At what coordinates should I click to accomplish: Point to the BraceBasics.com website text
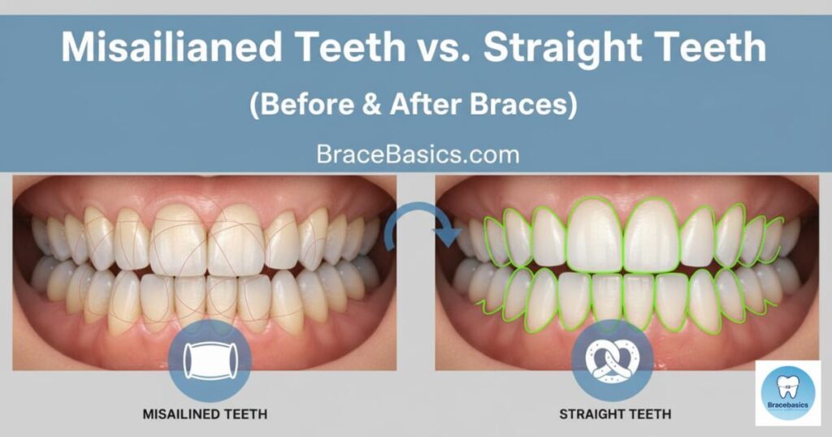[416, 153]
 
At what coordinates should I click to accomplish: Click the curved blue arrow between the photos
[416, 223]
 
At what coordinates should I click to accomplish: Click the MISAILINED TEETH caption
[204, 414]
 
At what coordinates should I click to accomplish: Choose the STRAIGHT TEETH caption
[615, 414]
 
